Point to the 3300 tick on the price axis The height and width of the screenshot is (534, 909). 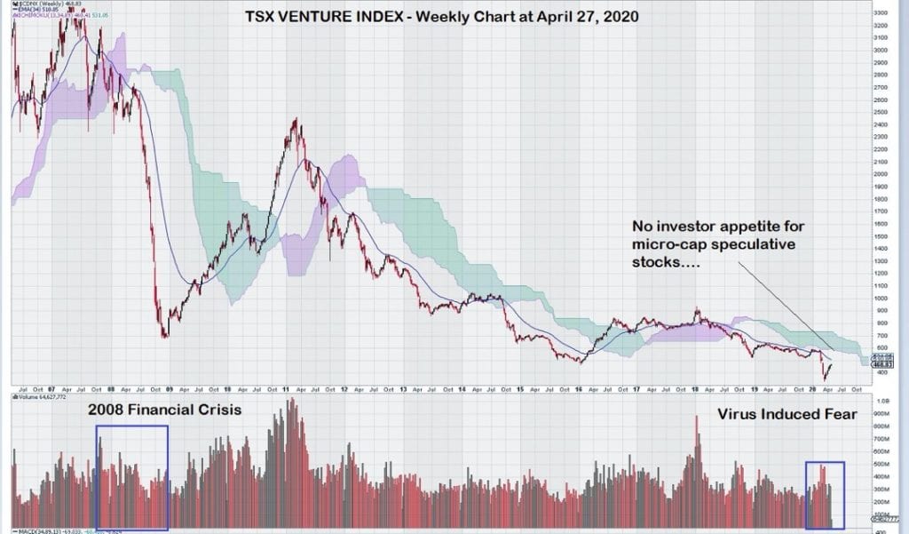pos(882,14)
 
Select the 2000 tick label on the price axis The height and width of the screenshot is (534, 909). pos(882,174)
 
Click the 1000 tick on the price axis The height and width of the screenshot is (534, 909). pos(882,299)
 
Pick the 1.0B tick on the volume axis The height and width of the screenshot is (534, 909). pos(883,402)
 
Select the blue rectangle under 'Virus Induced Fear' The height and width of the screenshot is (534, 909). pos(825,494)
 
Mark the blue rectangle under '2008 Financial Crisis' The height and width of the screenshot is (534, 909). pos(131,477)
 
